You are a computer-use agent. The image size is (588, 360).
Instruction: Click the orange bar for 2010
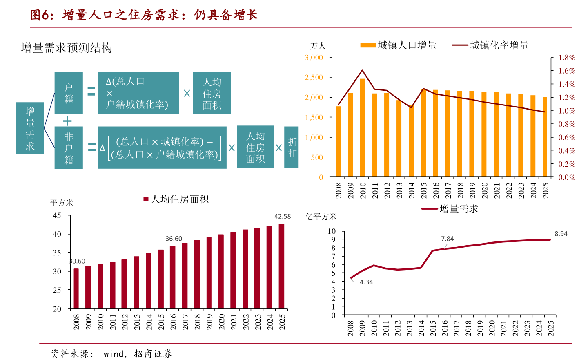[x=362, y=127]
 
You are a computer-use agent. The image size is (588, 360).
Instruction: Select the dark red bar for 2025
[x=281, y=266]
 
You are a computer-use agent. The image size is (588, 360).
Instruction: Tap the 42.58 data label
[x=283, y=216]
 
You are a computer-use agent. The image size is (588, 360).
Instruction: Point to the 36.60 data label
[x=174, y=239]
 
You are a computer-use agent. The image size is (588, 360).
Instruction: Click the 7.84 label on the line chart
[x=447, y=239]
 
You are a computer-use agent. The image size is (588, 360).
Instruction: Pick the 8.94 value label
[x=561, y=234]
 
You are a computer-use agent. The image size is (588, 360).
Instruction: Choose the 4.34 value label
[x=366, y=282]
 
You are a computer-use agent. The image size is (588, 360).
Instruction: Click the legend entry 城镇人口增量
[x=398, y=45]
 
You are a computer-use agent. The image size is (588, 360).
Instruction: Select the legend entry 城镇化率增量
[x=490, y=45]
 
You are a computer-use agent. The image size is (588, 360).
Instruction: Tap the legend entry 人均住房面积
[x=176, y=199]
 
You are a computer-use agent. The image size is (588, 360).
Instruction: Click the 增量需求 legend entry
[x=450, y=209]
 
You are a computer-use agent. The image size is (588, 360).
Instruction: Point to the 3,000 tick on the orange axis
[x=314, y=58]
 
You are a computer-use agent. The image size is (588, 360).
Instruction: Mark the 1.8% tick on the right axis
[x=567, y=58]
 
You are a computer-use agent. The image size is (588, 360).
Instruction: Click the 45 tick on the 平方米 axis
[x=57, y=215]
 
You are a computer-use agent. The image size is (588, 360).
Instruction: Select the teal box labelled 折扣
[x=292, y=147]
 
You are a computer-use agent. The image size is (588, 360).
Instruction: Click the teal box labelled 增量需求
[x=30, y=128]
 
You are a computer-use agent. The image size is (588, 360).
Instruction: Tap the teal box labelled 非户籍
[x=69, y=148]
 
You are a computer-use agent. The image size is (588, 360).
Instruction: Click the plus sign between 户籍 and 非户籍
[x=67, y=121]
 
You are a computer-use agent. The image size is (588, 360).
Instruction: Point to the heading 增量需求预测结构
[x=67, y=48]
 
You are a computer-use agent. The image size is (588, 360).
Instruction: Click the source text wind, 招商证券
[x=138, y=354]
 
